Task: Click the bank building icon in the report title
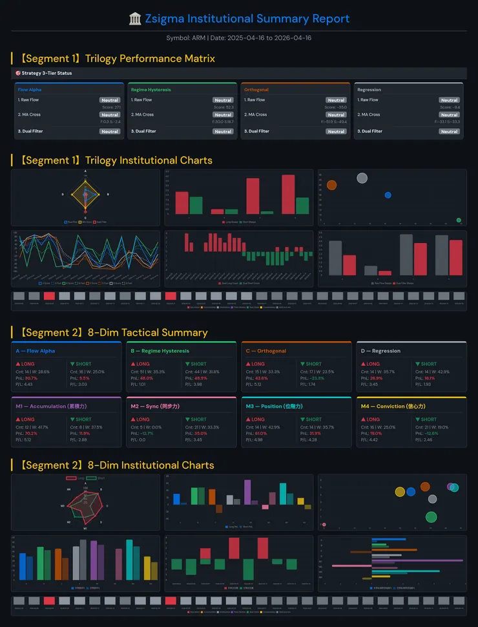tap(135, 19)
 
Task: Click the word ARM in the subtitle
tap(199, 37)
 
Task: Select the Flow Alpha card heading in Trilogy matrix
tap(30, 90)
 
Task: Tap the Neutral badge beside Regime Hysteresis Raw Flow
tap(223, 100)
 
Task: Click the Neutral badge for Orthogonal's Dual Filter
tap(336, 131)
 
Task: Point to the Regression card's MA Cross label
tap(369, 114)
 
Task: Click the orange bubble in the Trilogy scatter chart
tap(331, 185)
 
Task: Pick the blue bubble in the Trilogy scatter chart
tap(388, 195)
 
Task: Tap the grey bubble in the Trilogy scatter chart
tap(362, 178)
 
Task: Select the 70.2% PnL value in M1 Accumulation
tap(31, 433)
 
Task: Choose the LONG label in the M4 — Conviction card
tap(373, 420)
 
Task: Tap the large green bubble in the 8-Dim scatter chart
tap(431, 516)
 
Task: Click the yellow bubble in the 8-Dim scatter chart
tap(400, 492)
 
